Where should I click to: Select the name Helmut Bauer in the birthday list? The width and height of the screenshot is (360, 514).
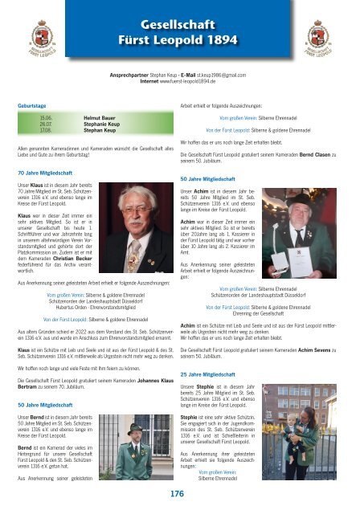(101, 118)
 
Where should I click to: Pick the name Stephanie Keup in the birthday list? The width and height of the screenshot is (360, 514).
(104, 125)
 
